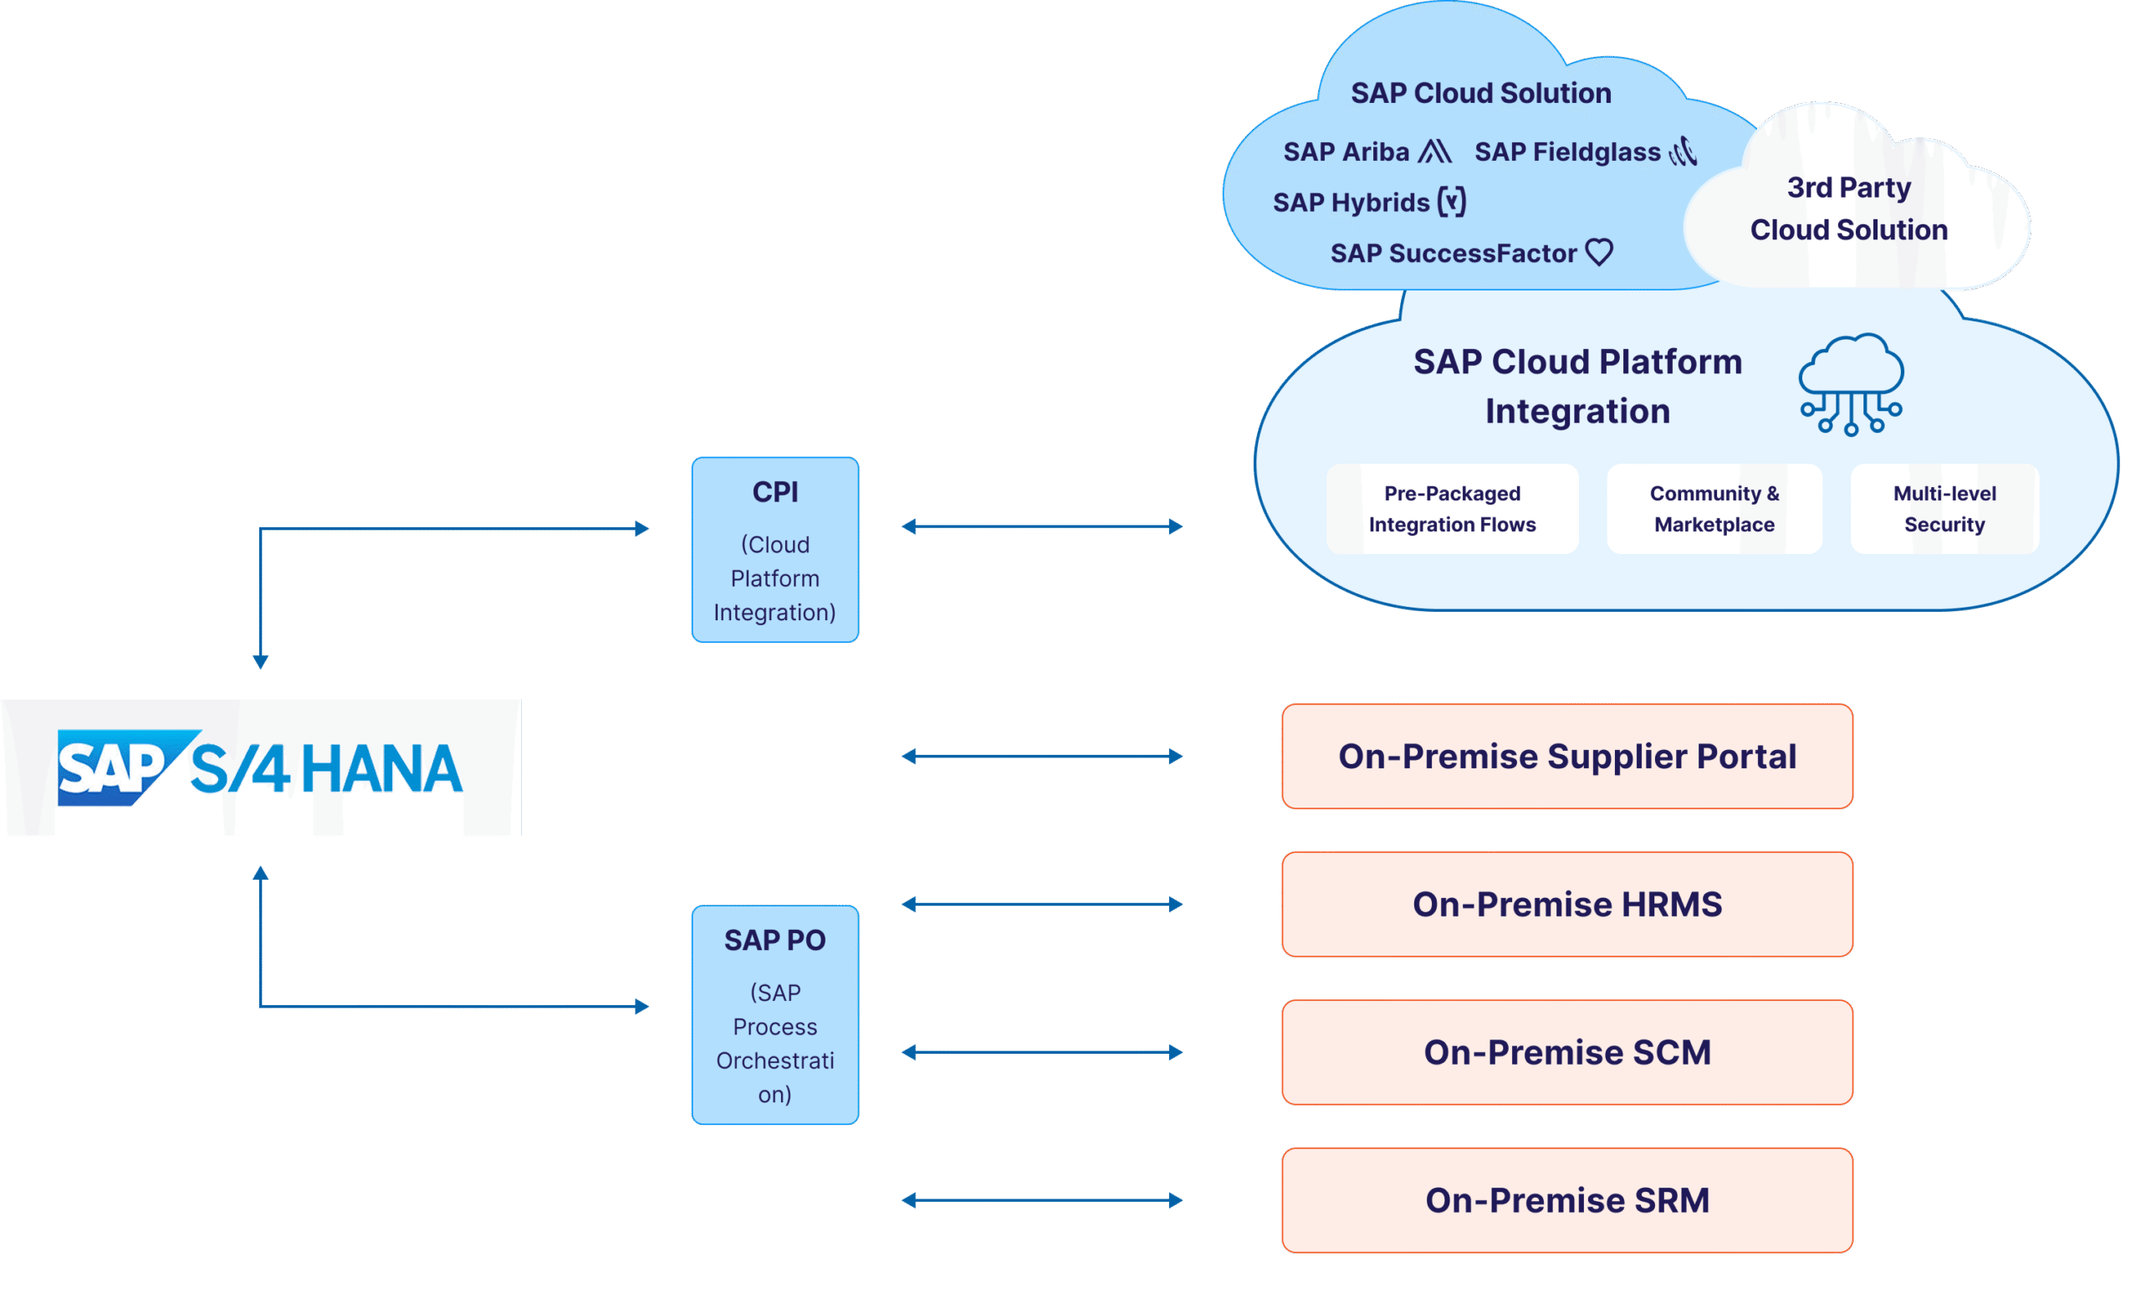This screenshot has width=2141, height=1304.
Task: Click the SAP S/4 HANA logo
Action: [x=260, y=768]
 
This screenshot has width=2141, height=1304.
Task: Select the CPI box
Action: [x=775, y=550]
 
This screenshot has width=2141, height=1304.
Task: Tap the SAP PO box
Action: [x=775, y=1014]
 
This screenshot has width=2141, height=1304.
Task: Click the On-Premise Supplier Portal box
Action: [x=1566, y=757]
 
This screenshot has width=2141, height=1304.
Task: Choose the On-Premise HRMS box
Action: [x=1566, y=904]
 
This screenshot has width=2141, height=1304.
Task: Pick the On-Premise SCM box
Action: [x=1566, y=1052]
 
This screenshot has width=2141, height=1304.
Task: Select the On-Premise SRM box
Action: [x=1566, y=1199]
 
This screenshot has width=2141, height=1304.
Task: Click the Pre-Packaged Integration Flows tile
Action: [x=1452, y=509]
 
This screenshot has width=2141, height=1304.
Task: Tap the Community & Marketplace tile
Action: [x=1714, y=509]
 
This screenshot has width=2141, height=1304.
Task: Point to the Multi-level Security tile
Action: [x=1944, y=509]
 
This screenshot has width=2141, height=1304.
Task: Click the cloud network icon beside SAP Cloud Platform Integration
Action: [x=1851, y=384]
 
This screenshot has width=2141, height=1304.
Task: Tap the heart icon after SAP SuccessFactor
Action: [x=1599, y=252]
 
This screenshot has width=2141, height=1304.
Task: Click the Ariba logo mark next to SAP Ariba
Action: [x=1433, y=151]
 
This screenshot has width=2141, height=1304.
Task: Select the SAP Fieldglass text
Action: [x=1566, y=152]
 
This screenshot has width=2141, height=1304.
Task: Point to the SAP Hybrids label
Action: [x=1351, y=203]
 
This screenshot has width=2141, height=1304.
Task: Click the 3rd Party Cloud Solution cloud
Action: [x=1848, y=208]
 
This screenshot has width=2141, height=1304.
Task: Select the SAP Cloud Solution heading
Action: [x=1480, y=93]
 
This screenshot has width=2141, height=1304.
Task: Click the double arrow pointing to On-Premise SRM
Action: [x=1042, y=1200]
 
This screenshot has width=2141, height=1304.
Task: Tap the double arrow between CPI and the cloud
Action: [x=1042, y=526]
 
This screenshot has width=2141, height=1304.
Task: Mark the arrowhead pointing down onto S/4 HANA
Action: [x=260, y=662]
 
